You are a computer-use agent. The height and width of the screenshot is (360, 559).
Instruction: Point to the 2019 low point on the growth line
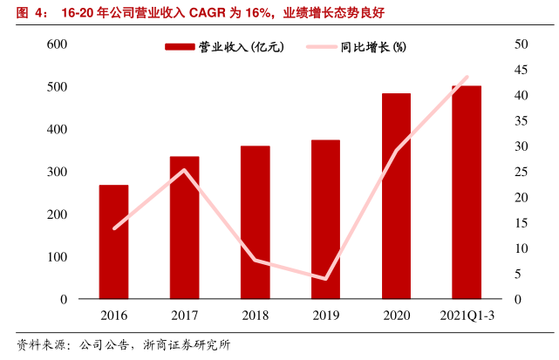point(325,279)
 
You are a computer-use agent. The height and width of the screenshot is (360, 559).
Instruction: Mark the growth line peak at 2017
point(184,170)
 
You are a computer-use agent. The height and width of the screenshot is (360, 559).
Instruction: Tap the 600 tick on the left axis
point(57,44)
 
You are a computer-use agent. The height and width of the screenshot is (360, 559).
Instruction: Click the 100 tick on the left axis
point(57,257)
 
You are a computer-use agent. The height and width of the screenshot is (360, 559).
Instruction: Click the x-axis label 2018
point(255,316)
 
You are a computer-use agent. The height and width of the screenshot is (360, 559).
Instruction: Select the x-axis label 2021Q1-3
point(467,316)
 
